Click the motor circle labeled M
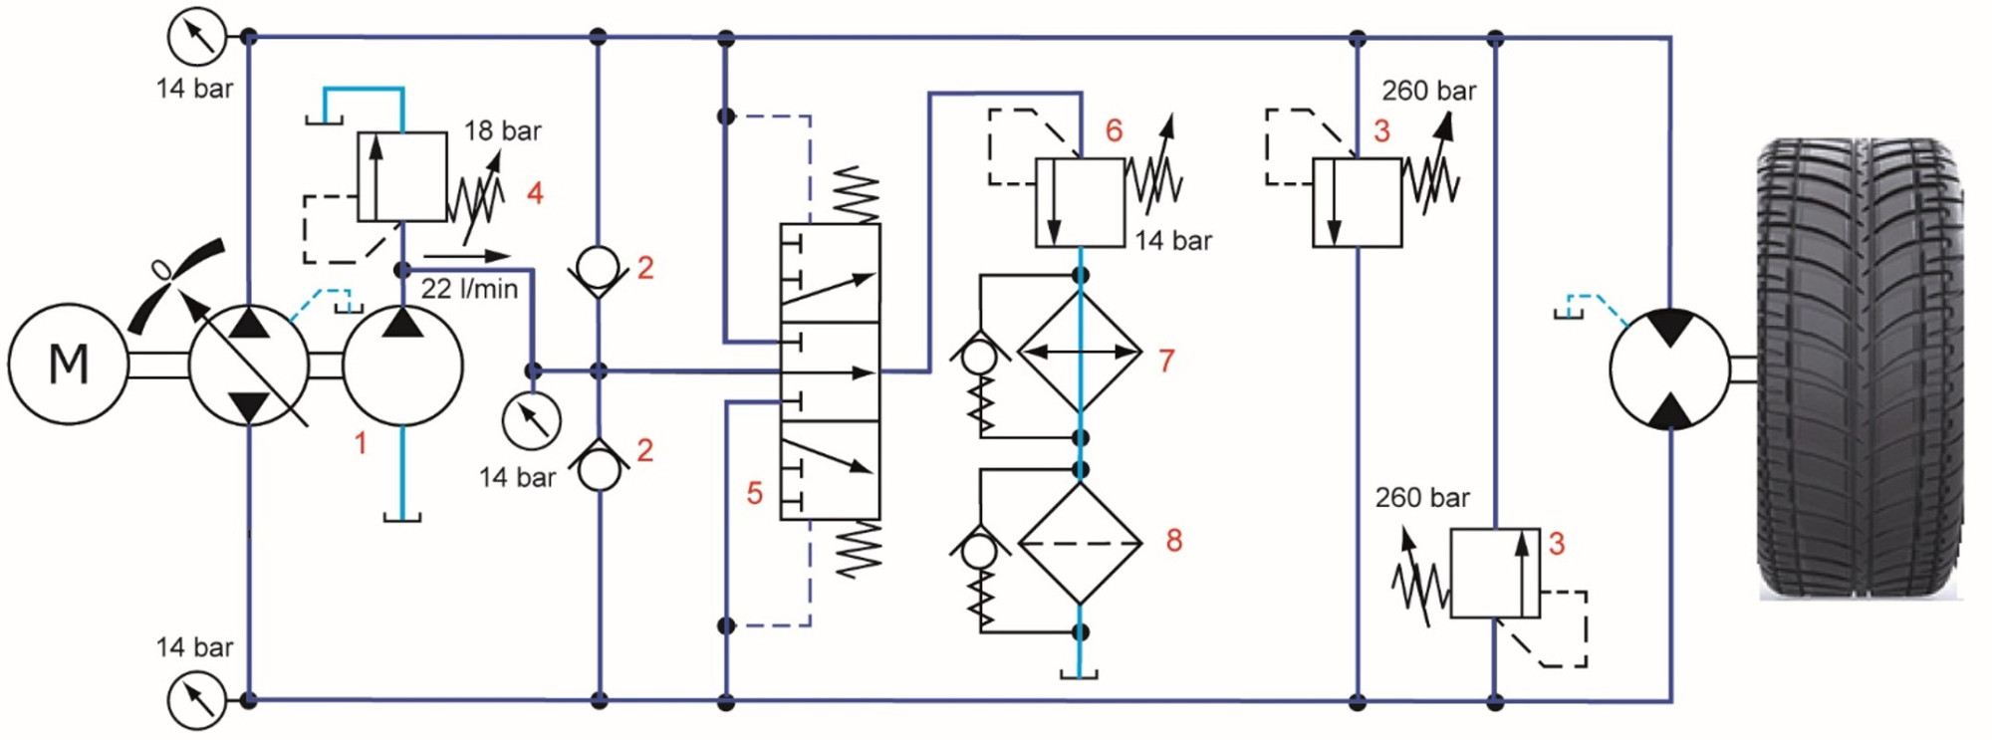[x=69, y=365]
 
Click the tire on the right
[x=1860, y=368]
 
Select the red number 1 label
[x=361, y=442]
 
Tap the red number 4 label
[x=535, y=193]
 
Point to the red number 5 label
[x=755, y=493]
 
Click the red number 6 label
[x=1115, y=130]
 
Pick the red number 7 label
[x=1167, y=361]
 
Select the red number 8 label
[x=1174, y=541]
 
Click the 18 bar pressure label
[x=503, y=131]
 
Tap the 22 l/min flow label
[x=469, y=289]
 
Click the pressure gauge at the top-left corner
[x=197, y=37]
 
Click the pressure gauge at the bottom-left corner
[x=197, y=701]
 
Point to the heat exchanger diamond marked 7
[x=1081, y=352]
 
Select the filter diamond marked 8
[x=1081, y=543]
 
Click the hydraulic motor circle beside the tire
[x=1671, y=369]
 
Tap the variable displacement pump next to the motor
[x=249, y=365]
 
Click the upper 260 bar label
[x=1429, y=92]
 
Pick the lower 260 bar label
[x=1422, y=498]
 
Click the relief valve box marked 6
[x=1081, y=203]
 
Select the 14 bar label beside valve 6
[x=1174, y=241]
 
